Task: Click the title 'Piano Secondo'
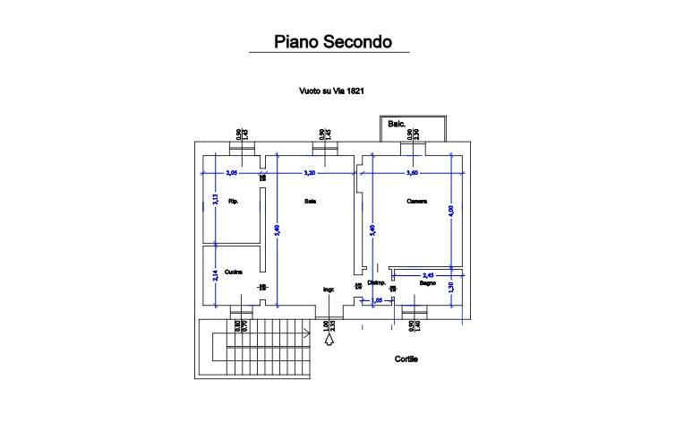pyautogui.click(x=329, y=41)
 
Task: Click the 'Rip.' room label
pyautogui.click(x=234, y=201)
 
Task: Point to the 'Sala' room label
pyautogui.click(x=311, y=201)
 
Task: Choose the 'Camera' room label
pyautogui.click(x=416, y=201)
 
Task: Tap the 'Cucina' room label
pyautogui.click(x=235, y=272)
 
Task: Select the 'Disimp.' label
pyautogui.click(x=376, y=282)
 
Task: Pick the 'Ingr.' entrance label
pyautogui.click(x=329, y=289)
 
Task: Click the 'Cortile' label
pyautogui.click(x=407, y=359)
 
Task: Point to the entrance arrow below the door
pyautogui.click(x=329, y=339)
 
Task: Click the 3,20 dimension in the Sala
pyautogui.click(x=311, y=172)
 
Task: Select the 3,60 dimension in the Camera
pyautogui.click(x=413, y=172)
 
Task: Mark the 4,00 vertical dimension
pyautogui.click(x=451, y=212)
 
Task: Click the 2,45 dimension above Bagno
pyautogui.click(x=428, y=274)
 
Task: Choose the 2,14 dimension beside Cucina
pyautogui.click(x=215, y=276)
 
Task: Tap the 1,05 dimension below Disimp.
pyautogui.click(x=377, y=300)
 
